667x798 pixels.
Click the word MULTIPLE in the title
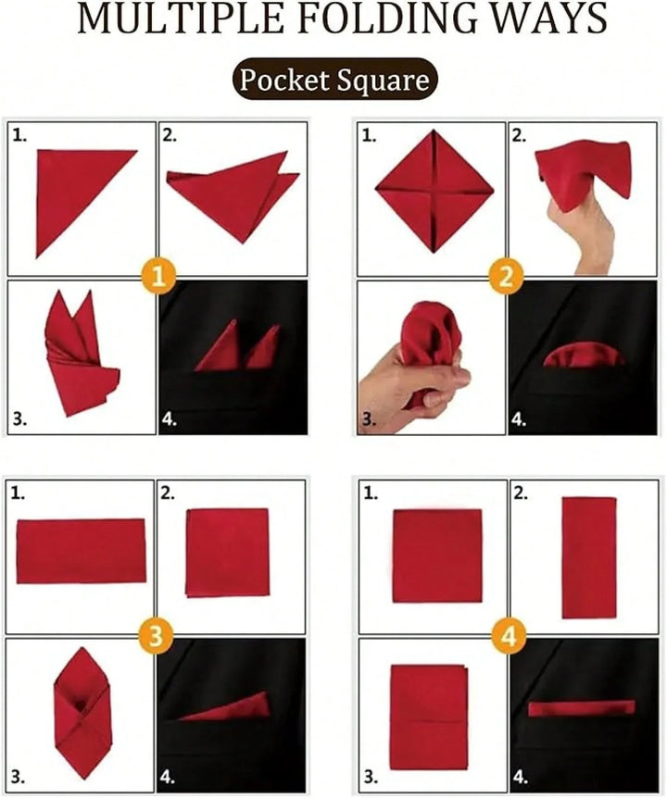click(181, 19)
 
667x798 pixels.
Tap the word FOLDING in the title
click(382, 19)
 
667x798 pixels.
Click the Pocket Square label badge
click(335, 79)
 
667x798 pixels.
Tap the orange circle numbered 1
click(159, 278)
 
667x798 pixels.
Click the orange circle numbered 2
click(506, 278)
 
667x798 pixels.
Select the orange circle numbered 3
click(156, 636)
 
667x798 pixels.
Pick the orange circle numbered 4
click(509, 636)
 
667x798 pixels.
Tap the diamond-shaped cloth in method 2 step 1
click(434, 191)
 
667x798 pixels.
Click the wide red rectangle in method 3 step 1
click(81, 551)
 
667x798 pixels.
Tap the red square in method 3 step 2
click(227, 553)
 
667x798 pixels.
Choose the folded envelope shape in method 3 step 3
click(82, 713)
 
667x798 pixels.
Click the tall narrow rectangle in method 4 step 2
click(589, 557)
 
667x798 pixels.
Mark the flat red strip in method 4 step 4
click(582, 708)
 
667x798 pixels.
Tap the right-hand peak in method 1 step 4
click(275, 328)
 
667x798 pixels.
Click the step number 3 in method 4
click(371, 777)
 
